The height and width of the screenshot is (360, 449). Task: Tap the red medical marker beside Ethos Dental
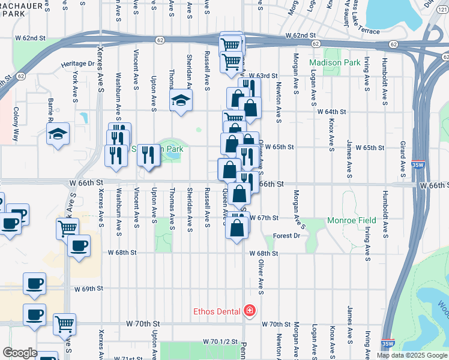249,311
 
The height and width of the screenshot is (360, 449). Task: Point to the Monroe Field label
352,220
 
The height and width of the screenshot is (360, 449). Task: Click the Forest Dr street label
286,236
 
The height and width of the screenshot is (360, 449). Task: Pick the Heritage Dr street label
77,63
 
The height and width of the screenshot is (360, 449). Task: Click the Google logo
20,353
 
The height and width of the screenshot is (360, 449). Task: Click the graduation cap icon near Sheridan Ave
180,100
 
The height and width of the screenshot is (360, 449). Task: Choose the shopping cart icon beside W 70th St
65,324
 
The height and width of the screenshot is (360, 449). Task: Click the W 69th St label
88,289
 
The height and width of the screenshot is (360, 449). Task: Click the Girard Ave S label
403,161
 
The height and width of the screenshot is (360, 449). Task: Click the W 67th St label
264,217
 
